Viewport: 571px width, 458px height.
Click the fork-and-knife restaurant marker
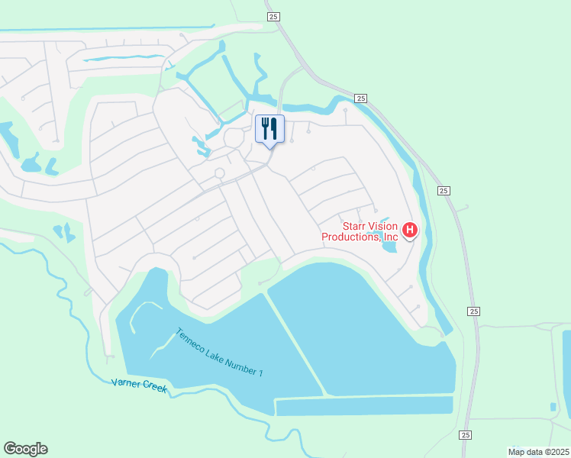(269, 129)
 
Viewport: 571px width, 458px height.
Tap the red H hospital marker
(410, 230)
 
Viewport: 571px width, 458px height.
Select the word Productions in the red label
(350, 237)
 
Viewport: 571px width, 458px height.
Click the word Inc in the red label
(390, 237)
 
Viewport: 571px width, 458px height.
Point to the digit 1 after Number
(260, 374)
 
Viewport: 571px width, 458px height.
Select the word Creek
(155, 389)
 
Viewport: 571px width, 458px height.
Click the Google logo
(25, 448)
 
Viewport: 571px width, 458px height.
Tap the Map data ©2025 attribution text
(538, 451)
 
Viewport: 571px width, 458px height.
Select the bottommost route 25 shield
(466, 434)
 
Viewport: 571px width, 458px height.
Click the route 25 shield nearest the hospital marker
(443, 191)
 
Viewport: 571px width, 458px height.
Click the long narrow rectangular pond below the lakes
(363, 406)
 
